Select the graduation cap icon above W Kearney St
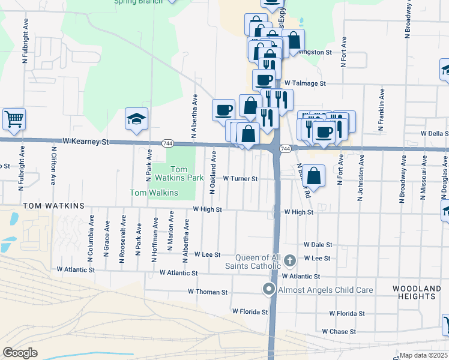(136, 118)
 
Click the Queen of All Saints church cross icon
(291, 260)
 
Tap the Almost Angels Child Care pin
(269, 290)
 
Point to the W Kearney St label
(85, 142)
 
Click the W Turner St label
(240, 179)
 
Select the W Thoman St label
(208, 292)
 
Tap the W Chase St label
(339, 331)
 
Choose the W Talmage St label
(305, 83)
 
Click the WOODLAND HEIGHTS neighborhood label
(414, 293)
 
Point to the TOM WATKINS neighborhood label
(54, 206)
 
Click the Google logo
(20, 353)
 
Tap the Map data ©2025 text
(424, 355)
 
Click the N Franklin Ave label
(381, 110)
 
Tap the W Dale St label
(318, 245)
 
